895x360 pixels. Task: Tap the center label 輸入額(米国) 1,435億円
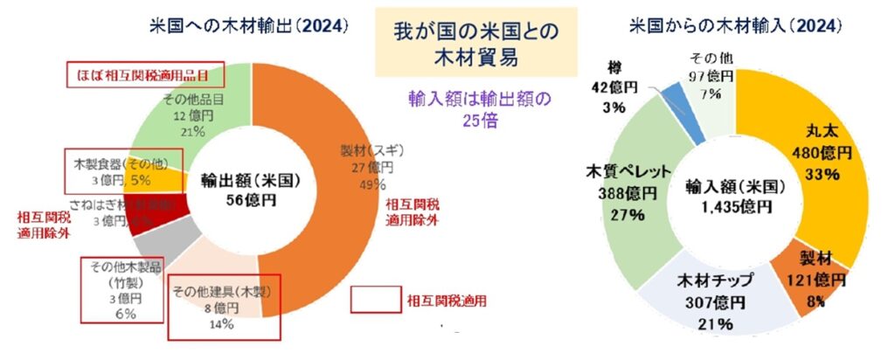pos(734,196)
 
